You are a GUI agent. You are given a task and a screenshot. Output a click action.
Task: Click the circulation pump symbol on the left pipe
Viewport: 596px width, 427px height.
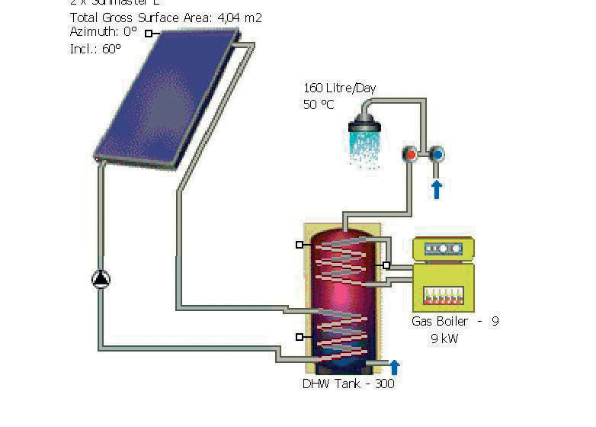coord(101,280)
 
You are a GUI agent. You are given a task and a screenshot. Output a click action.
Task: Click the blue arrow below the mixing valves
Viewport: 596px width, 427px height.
coord(437,188)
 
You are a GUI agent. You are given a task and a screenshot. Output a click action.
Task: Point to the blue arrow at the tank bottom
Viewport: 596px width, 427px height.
coord(395,367)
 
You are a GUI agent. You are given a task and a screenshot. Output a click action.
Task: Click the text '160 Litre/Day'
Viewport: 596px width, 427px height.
coord(340,88)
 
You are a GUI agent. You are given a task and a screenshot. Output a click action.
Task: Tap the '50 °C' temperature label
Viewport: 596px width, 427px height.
coord(319,104)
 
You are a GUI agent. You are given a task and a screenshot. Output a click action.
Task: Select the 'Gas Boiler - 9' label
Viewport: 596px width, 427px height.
coord(455,322)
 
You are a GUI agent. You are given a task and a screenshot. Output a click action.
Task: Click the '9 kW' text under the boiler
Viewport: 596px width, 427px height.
coord(444,339)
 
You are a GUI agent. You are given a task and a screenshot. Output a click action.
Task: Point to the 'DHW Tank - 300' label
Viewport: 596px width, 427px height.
coord(348,384)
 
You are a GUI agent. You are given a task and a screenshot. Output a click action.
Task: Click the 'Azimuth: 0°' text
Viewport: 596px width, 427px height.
coord(103,32)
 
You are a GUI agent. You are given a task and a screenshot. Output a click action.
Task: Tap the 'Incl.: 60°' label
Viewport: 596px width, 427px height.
coord(95,48)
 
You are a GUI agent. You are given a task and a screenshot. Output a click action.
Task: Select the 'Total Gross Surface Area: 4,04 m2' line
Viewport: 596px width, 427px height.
coord(165,17)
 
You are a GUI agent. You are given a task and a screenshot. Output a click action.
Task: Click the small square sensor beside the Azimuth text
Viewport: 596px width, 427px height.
coord(149,33)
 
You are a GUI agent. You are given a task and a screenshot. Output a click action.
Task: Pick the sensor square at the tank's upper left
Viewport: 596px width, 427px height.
coord(300,245)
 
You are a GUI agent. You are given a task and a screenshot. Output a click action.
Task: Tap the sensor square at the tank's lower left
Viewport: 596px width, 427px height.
coord(300,336)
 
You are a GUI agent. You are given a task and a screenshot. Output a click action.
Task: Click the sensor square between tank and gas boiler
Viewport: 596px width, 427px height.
coord(386,265)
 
